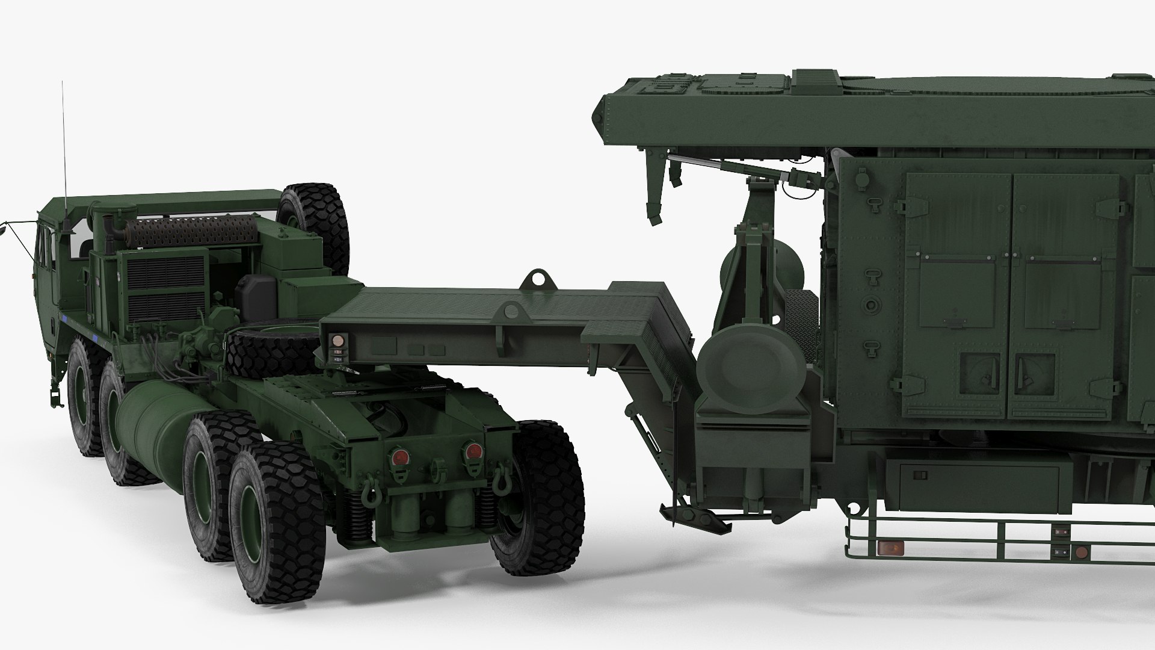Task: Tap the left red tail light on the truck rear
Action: (398, 457)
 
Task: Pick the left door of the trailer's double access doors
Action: (958, 295)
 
